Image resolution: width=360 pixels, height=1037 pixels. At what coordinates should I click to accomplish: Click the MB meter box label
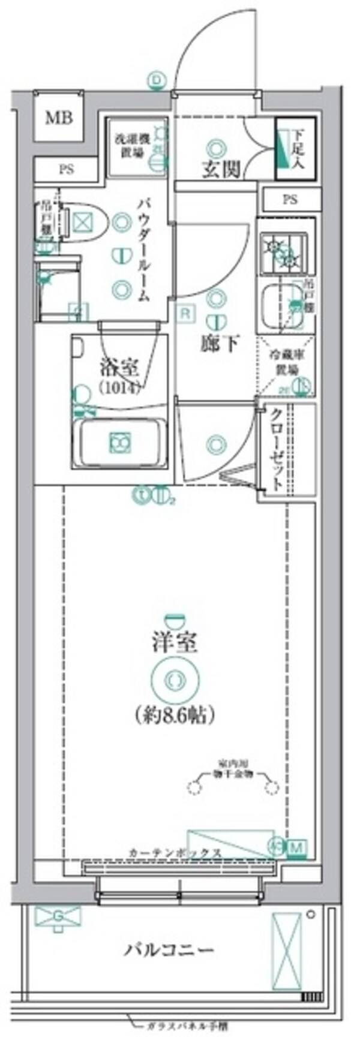pyautogui.click(x=59, y=118)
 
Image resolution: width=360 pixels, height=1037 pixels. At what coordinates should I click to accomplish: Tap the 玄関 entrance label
pyautogui.click(x=220, y=170)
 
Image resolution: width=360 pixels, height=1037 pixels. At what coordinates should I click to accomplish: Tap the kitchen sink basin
pyautogui.click(x=278, y=305)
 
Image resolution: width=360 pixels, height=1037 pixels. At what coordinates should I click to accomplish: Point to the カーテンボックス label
pyautogui.click(x=175, y=853)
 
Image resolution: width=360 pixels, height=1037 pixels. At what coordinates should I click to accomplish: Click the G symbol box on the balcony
pyautogui.click(x=58, y=916)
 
